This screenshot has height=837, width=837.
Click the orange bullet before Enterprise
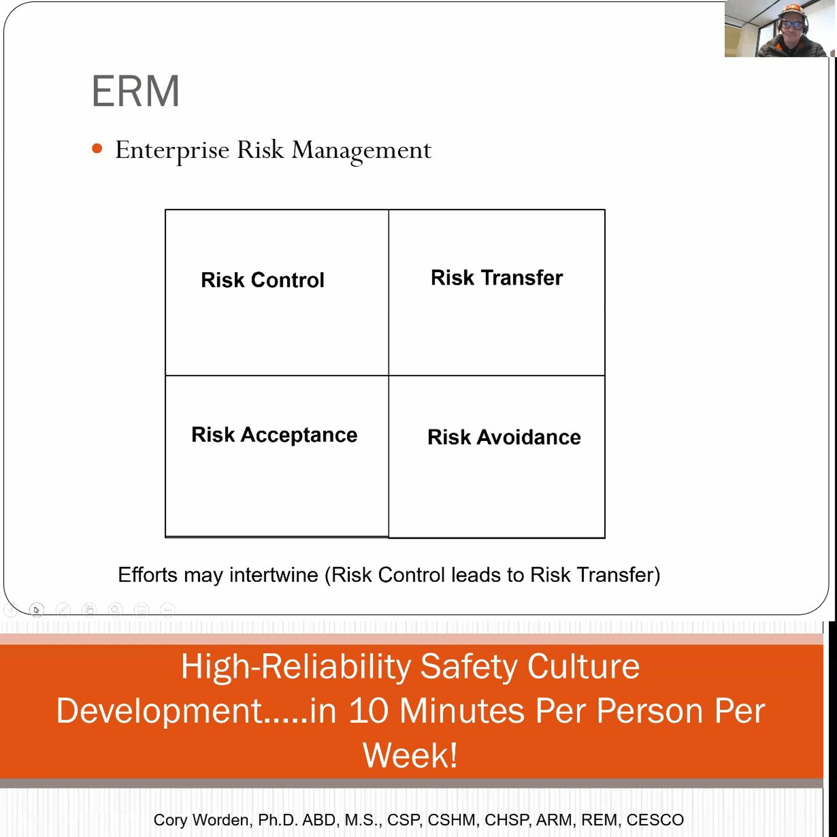click(97, 149)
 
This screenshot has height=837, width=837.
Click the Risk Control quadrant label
click(263, 280)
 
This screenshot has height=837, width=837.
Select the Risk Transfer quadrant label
click(497, 278)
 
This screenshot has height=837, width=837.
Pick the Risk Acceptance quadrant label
click(274, 435)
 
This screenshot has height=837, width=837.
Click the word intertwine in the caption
click(274, 575)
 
